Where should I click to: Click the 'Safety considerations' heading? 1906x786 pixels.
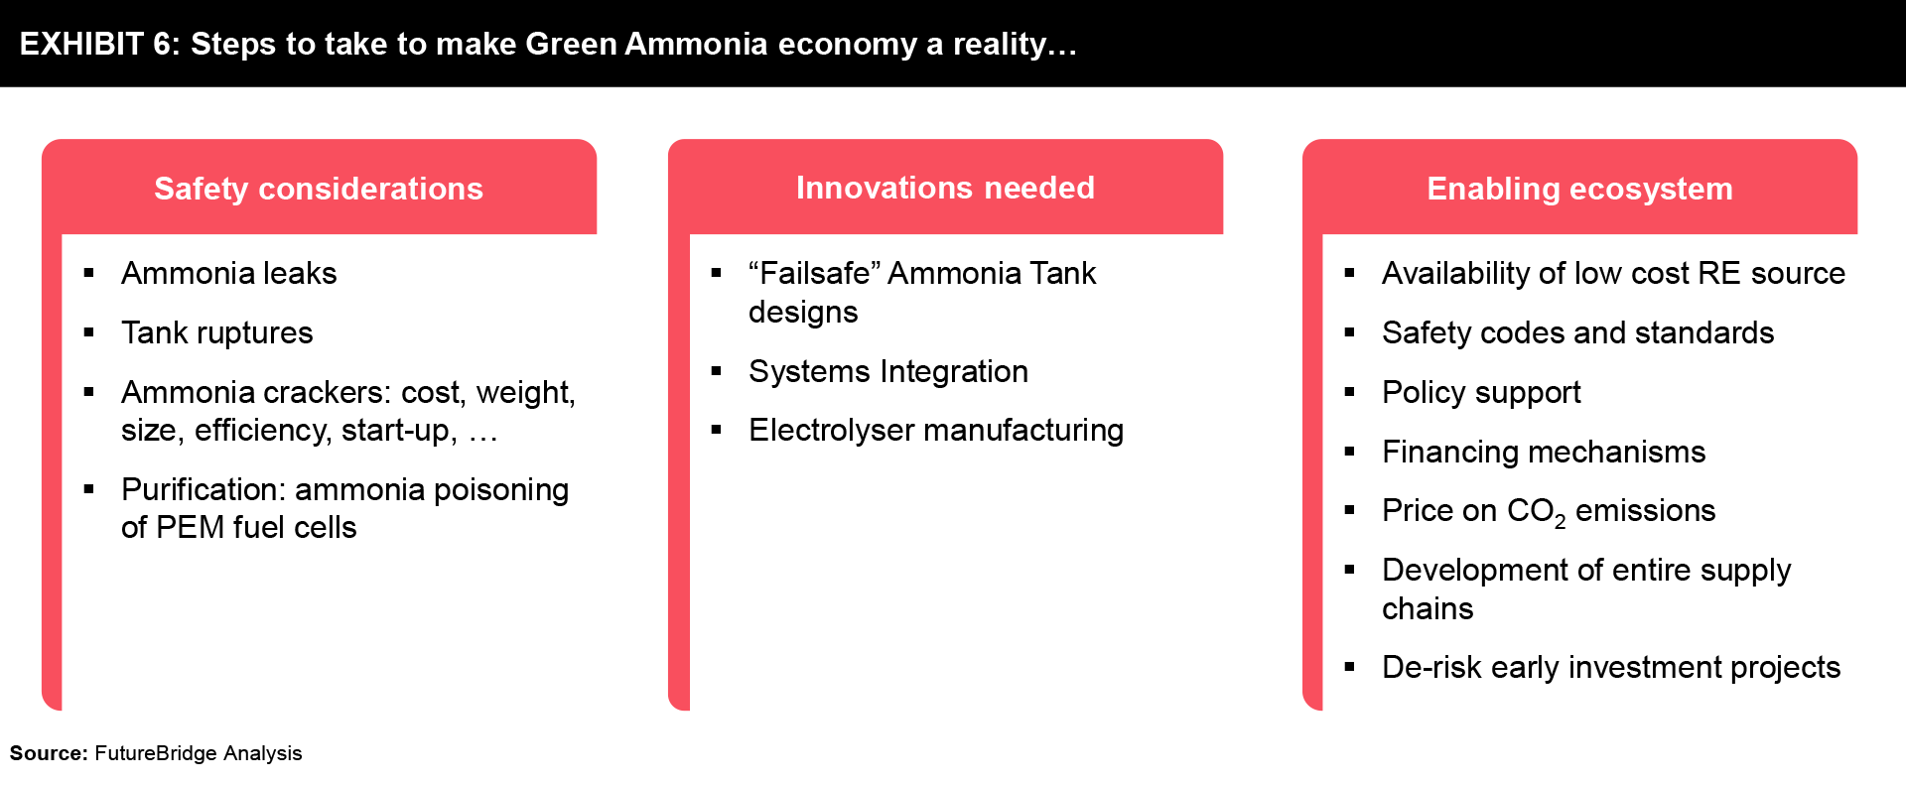coord(319,189)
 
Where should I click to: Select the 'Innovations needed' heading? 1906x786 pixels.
coord(945,188)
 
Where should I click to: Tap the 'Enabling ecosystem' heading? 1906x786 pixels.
coord(1579,189)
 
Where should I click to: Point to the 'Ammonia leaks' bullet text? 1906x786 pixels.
coord(228,273)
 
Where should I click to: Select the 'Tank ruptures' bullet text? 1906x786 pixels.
coord(216,332)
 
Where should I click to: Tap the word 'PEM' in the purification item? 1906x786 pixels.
coord(190,527)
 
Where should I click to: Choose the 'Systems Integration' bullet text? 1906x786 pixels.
coord(888,371)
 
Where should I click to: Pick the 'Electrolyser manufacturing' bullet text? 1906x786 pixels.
coord(936,430)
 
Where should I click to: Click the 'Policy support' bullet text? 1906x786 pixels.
coord(1481,392)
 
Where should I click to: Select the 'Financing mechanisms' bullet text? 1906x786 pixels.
coord(1544,452)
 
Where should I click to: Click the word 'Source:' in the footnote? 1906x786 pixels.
coord(50,753)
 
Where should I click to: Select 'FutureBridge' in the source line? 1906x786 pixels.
coord(156,753)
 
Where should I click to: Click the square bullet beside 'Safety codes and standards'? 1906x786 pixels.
coord(1349,332)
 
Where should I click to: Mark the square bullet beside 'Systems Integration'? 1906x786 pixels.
coord(716,371)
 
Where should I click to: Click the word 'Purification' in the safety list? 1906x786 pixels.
coord(204,489)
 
